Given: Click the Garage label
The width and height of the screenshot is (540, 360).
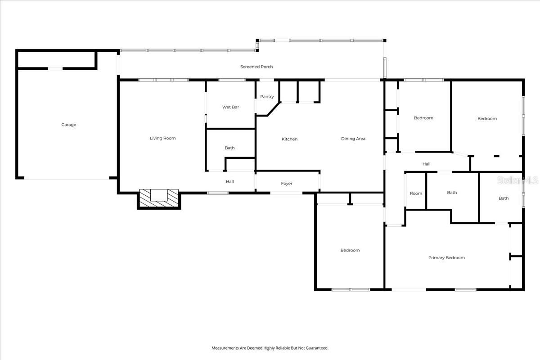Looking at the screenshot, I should [x=69, y=125].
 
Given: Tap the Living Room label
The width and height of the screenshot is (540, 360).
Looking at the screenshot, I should [x=163, y=138].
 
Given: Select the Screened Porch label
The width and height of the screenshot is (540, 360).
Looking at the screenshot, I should [x=256, y=67].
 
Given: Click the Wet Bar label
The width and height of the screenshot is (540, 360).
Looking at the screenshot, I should [x=230, y=107].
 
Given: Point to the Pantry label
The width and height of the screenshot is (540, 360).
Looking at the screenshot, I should [x=267, y=97].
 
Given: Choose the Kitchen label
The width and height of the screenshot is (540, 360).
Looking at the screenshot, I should [x=289, y=139].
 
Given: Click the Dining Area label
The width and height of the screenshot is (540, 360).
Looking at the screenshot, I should [x=353, y=139].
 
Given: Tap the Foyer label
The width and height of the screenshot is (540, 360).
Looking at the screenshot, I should [x=287, y=184].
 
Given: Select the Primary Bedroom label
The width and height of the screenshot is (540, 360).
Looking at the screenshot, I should [x=446, y=258].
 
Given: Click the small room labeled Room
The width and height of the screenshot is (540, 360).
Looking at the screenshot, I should [x=416, y=193].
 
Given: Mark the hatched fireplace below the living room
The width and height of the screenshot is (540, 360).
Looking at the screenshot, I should [x=159, y=198].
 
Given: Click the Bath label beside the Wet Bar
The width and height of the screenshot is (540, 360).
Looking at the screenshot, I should [x=229, y=148].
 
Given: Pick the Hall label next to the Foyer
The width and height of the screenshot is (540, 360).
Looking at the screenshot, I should [x=229, y=182].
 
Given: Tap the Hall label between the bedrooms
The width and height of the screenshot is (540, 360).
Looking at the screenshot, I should [x=426, y=164].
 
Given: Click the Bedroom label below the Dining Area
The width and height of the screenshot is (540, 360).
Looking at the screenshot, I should [x=350, y=250].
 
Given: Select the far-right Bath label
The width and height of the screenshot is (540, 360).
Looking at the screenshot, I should [x=504, y=198].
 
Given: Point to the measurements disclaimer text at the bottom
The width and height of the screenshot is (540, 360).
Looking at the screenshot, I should [x=270, y=348].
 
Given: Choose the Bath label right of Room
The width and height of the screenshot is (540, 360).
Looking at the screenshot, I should [x=452, y=193].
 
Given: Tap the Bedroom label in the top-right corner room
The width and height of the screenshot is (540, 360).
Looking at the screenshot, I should [x=487, y=119].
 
